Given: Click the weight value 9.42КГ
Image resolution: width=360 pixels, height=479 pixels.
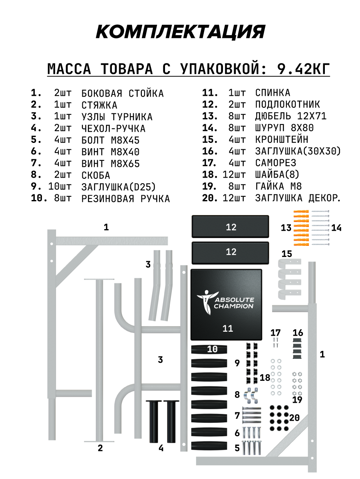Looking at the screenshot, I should [x=304, y=69].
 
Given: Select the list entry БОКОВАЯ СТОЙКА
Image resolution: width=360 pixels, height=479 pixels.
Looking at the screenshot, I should [x=122, y=93].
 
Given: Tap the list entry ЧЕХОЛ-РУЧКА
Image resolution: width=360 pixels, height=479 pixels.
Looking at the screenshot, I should [x=113, y=129].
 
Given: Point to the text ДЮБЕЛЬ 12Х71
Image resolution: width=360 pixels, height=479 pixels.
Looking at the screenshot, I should [x=291, y=116].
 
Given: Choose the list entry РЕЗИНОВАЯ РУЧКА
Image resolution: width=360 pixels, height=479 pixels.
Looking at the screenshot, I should [x=125, y=199].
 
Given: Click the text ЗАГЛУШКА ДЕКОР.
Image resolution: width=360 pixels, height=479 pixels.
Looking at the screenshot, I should [x=298, y=198].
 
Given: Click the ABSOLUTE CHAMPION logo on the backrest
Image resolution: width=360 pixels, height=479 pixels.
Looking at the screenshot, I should [x=226, y=302].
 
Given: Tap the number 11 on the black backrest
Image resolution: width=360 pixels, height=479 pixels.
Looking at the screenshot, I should [x=227, y=329].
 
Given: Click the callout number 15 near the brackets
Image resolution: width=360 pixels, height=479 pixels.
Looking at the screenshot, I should [x=286, y=254].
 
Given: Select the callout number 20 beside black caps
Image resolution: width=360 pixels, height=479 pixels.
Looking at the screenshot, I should [x=294, y=418].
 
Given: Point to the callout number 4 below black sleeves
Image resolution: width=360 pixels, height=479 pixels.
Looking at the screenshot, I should [x=161, y=448].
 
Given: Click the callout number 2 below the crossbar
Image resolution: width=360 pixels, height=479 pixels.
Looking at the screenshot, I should [x=100, y=448].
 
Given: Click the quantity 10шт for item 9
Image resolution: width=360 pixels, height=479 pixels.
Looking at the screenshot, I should [x=60, y=187].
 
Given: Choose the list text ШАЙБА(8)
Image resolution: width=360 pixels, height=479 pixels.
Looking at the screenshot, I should [x=277, y=175].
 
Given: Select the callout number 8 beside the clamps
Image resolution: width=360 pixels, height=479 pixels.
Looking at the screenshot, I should [x=237, y=395].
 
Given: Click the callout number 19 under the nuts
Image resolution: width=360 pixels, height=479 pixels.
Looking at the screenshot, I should [x=297, y=400].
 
